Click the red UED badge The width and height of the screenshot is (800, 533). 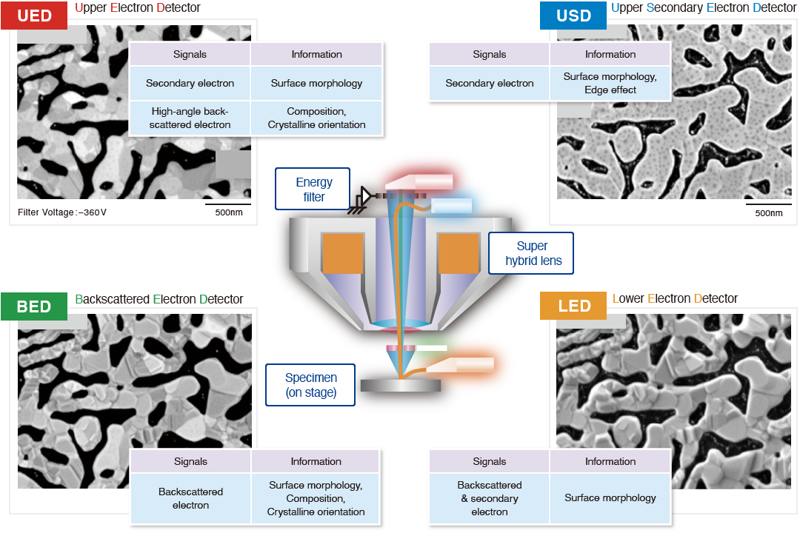coord(35,16)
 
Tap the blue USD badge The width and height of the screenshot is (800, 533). coord(573,16)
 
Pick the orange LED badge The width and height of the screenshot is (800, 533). coord(574,306)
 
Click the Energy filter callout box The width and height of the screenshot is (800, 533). coord(314,190)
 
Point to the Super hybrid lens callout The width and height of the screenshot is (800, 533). coord(532,253)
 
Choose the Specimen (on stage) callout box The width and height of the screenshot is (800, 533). coord(310,385)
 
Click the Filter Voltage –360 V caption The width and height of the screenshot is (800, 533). coord(62,212)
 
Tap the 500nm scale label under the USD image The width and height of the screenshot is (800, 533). coord(768,213)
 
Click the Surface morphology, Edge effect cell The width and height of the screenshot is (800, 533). coord(610,83)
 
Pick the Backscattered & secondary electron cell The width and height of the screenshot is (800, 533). coord(489,498)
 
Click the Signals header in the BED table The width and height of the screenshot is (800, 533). coord(190,461)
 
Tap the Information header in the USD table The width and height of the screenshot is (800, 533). coord(610,54)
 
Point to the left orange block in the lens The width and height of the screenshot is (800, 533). coord(342,253)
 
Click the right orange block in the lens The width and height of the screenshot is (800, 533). coord(459,253)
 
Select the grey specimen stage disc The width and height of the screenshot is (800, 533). coord(400,385)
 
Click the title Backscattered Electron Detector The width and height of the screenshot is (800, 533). coord(159,299)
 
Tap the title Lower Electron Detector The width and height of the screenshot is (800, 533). coord(675,298)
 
